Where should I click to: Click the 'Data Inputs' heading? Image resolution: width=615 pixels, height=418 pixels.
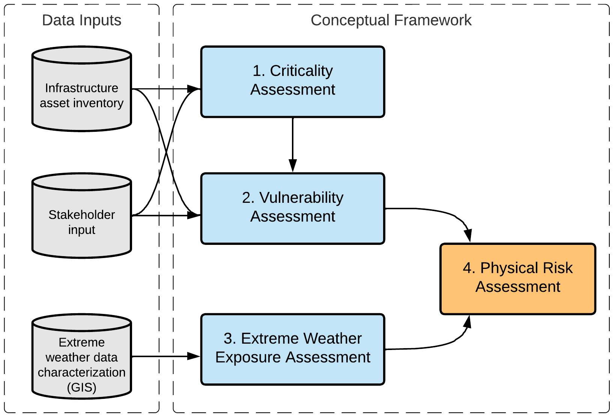click(81, 20)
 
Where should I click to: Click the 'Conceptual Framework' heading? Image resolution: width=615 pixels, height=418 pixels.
click(391, 20)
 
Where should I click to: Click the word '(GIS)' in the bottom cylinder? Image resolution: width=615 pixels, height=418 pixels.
click(81, 387)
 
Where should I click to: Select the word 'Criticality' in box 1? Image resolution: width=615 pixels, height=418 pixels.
click(301, 71)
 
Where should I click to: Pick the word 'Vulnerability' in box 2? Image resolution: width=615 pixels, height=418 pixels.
click(301, 198)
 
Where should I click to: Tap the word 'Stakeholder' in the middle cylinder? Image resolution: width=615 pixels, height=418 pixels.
click(81, 215)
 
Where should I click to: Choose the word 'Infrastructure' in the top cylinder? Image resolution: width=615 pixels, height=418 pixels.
click(81, 88)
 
